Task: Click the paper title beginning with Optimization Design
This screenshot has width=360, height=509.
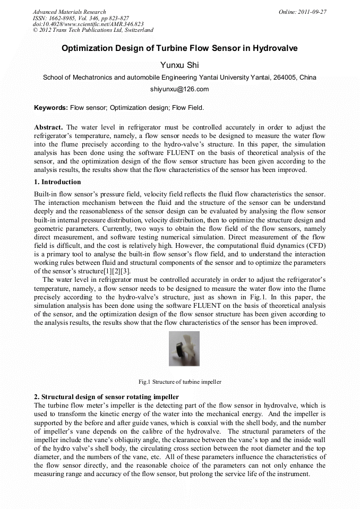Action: coord(179,48)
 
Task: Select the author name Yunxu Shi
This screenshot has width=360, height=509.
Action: coord(179,65)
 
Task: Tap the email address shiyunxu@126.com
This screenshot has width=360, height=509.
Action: coord(179,89)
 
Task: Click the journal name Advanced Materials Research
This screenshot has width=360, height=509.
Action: coord(70,12)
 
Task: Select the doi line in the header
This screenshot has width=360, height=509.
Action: coord(88,24)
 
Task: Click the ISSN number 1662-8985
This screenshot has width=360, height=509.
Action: coord(63,18)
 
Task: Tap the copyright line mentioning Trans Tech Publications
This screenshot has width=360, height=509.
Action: coord(93,30)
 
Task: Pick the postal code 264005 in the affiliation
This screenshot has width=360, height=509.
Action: coord(285,77)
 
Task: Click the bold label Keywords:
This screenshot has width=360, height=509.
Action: coord(51,108)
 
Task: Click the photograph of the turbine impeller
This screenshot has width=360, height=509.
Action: coord(184,349)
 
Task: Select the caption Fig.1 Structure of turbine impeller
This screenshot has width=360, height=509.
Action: coord(179,382)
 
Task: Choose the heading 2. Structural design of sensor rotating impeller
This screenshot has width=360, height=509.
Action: coord(106,397)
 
